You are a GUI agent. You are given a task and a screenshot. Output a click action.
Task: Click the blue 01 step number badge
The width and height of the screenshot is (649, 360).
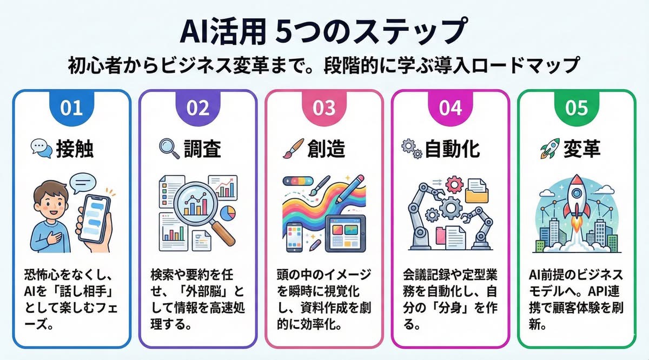coord(71,108)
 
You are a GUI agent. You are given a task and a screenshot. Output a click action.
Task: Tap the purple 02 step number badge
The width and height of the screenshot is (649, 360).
coord(197,108)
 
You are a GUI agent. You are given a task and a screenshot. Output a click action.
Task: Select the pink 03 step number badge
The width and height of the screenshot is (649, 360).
coord(324,108)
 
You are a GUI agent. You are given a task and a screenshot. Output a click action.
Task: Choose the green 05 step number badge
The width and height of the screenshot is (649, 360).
coord(577,108)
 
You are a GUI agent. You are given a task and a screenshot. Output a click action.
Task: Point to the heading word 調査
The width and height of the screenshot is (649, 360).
coord(202,149)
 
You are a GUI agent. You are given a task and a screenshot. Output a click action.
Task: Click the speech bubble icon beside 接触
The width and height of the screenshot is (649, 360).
coord(40,148)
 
